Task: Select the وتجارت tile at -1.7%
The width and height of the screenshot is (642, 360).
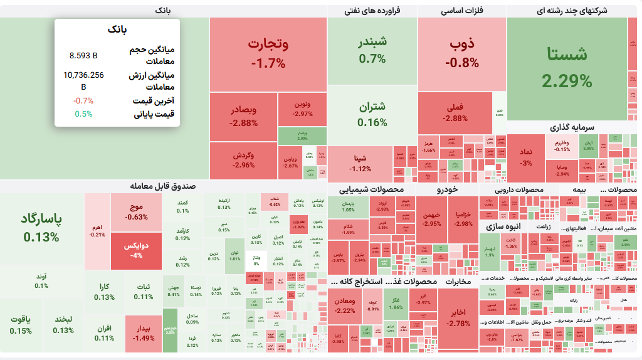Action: click(268, 54)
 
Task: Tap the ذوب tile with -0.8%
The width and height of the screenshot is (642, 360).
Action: click(462, 53)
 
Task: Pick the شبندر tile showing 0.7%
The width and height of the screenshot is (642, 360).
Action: click(372, 50)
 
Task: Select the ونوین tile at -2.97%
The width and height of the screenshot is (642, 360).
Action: click(303, 109)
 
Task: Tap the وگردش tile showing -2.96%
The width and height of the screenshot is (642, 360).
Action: click(243, 160)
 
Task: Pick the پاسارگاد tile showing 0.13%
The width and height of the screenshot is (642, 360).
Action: click(41, 228)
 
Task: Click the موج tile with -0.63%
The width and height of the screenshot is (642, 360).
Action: click(136, 212)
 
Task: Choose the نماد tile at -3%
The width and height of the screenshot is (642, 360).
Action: click(525, 158)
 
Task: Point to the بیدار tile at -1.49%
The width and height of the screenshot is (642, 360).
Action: click(144, 333)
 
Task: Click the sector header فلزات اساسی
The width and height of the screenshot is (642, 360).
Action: click(462, 11)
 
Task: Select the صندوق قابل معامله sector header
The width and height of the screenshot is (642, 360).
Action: click(163, 186)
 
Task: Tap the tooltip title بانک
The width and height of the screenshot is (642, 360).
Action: click(117, 29)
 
